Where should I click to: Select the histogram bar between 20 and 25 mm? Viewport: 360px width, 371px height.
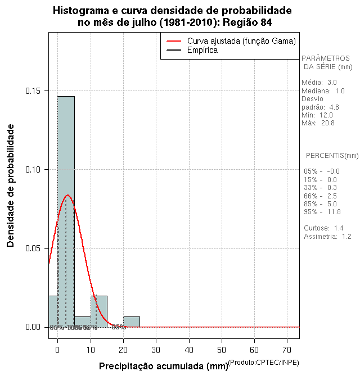(132, 322)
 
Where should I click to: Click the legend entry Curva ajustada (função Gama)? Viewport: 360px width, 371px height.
(241, 41)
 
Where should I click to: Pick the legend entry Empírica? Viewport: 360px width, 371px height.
(202, 51)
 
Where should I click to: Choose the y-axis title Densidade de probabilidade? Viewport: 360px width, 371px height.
(11, 185)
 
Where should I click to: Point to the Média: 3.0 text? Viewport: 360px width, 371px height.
(319, 83)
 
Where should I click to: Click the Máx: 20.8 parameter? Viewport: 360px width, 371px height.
(318, 123)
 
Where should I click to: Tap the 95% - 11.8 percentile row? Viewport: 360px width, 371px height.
(322, 212)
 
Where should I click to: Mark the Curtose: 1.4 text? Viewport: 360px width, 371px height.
(323, 228)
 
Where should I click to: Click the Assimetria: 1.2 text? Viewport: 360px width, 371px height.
(327, 237)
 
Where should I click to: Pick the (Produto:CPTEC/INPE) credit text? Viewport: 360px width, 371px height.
(264, 361)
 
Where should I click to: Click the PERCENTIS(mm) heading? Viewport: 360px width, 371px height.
(332, 155)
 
